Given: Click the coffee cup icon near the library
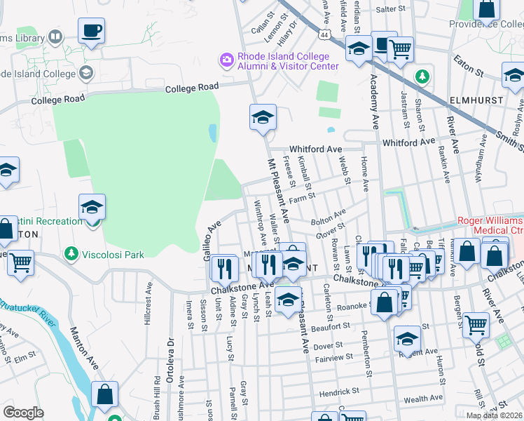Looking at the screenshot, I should coord(91,32).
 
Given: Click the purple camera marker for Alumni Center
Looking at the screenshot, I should coord(227,60).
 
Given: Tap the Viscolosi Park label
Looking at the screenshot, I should coord(113,253).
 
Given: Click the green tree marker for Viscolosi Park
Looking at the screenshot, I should coord(71,253).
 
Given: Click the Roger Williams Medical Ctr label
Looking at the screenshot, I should coord(490,225).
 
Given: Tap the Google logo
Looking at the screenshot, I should coord(23,413).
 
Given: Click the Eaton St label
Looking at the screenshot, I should coord(469,66).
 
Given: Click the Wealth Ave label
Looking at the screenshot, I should coord(423,399).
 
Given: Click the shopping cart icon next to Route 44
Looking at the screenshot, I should coord(400,49).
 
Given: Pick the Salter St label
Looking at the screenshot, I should coord(391,9).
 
